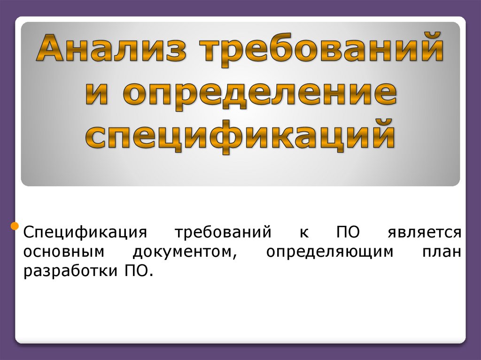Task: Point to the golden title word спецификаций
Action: click(240, 135)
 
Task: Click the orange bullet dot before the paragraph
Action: click(15, 228)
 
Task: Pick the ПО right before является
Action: click(348, 232)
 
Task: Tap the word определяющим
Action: click(329, 252)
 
